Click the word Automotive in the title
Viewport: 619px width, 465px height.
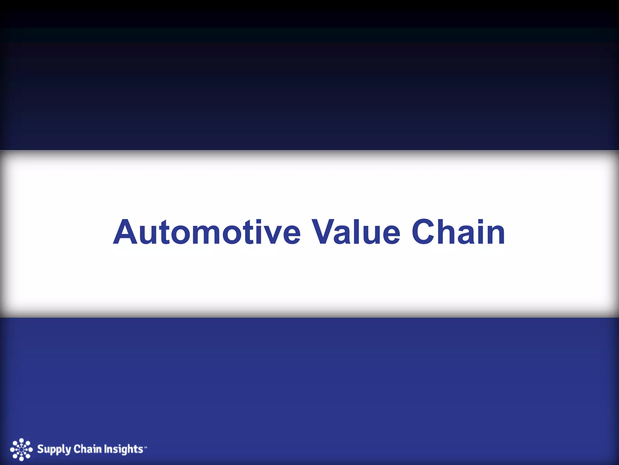point(207,232)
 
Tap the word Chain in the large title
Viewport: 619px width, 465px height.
point(458,232)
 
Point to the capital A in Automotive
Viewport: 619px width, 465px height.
point(126,232)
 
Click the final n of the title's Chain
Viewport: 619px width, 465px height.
point(494,236)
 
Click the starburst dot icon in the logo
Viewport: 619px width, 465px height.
point(21,450)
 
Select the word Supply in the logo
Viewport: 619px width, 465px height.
point(54,450)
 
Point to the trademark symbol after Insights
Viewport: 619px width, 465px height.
point(145,446)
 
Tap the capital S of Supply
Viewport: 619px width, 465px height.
point(40,449)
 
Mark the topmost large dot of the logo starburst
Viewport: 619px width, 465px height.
point(21,440)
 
